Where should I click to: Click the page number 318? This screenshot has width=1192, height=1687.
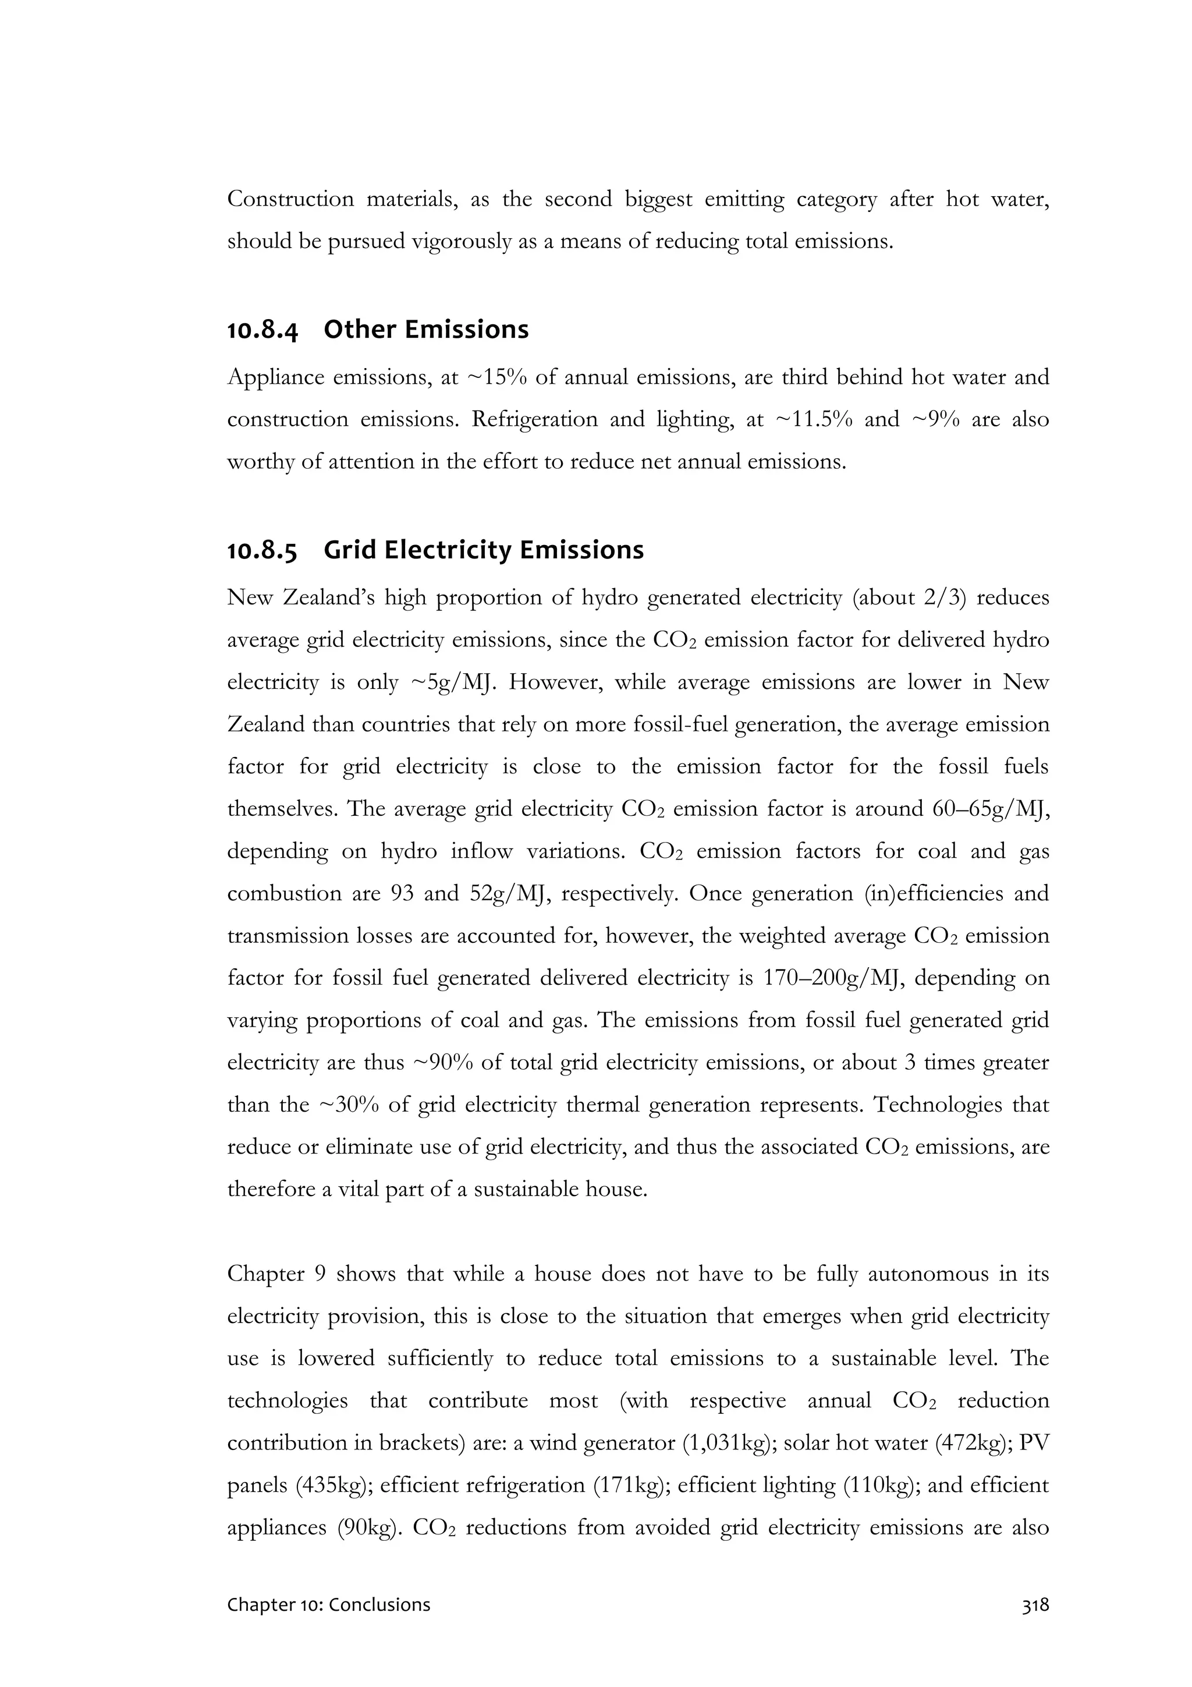(x=1035, y=1584)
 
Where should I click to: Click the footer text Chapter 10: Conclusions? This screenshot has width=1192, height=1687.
(x=328, y=1584)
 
